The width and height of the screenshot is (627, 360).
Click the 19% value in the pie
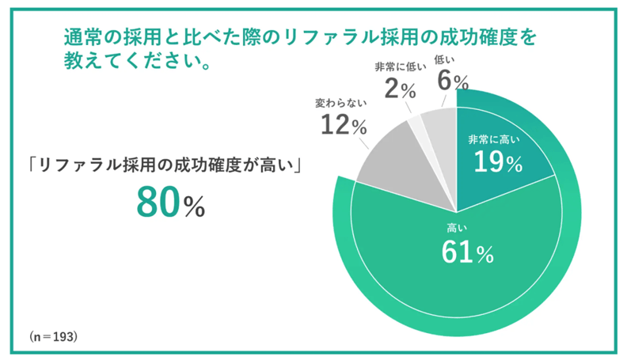498,162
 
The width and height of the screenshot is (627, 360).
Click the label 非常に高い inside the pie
497,139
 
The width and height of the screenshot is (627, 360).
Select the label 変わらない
340,103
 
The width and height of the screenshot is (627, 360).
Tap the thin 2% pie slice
415,122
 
